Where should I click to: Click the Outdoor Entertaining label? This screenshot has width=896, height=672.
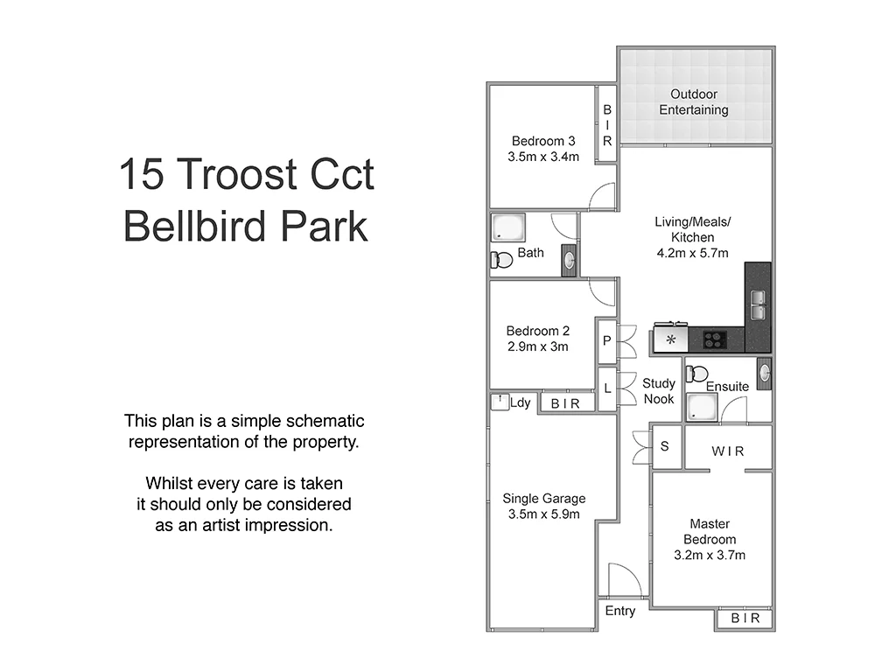click(694, 102)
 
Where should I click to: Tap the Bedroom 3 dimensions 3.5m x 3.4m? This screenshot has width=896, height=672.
click(543, 157)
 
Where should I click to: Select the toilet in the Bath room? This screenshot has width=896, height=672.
click(502, 260)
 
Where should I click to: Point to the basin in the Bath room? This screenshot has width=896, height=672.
click(569, 260)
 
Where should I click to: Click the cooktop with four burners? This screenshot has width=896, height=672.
click(716, 339)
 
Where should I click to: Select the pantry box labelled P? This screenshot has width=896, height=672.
click(606, 341)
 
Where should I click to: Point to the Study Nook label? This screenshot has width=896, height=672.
click(659, 391)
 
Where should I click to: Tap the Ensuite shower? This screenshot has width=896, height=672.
click(701, 408)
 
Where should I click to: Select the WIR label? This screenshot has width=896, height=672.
click(727, 451)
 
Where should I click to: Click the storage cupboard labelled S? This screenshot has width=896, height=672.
click(664, 446)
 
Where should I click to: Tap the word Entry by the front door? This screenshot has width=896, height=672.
click(620, 611)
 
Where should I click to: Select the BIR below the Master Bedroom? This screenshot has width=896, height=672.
click(745, 619)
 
